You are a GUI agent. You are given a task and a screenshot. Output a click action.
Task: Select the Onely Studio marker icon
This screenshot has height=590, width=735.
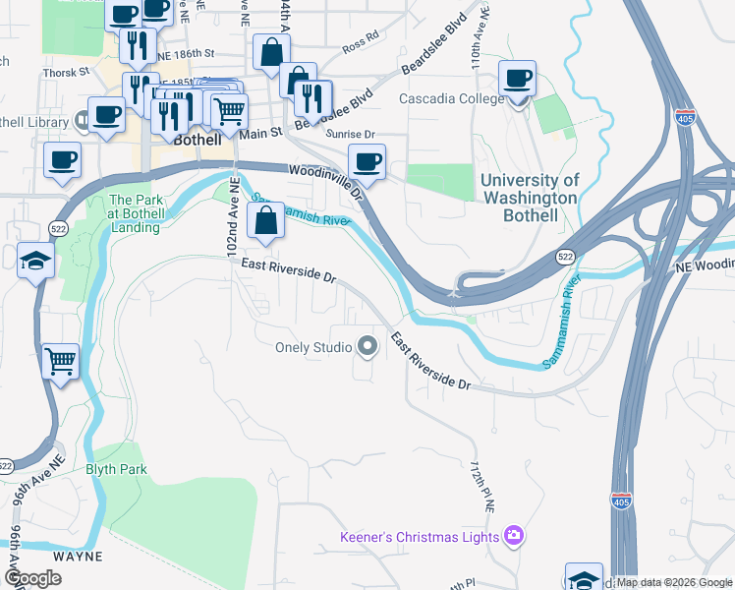(368, 346)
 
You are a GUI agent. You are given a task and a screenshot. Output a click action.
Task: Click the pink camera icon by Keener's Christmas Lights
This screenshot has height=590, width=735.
(513, 536)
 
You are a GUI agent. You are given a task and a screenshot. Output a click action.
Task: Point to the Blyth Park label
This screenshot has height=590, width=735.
(117, 469)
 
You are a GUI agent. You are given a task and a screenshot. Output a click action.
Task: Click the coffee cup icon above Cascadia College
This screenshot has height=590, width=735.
(518, 78)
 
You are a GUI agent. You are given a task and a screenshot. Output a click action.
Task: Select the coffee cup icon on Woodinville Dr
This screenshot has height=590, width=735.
(367, 162)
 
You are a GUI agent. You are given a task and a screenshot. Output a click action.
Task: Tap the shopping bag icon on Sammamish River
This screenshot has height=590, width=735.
(266, 221)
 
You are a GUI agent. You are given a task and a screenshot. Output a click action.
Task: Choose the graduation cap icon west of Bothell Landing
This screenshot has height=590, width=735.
(34, 261)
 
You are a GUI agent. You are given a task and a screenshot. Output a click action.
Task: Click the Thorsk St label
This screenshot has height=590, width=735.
(66, 73)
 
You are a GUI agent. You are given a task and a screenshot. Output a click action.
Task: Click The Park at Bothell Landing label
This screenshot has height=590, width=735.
(135, 213)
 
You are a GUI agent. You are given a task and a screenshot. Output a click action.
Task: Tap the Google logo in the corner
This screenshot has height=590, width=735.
(33, 578)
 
